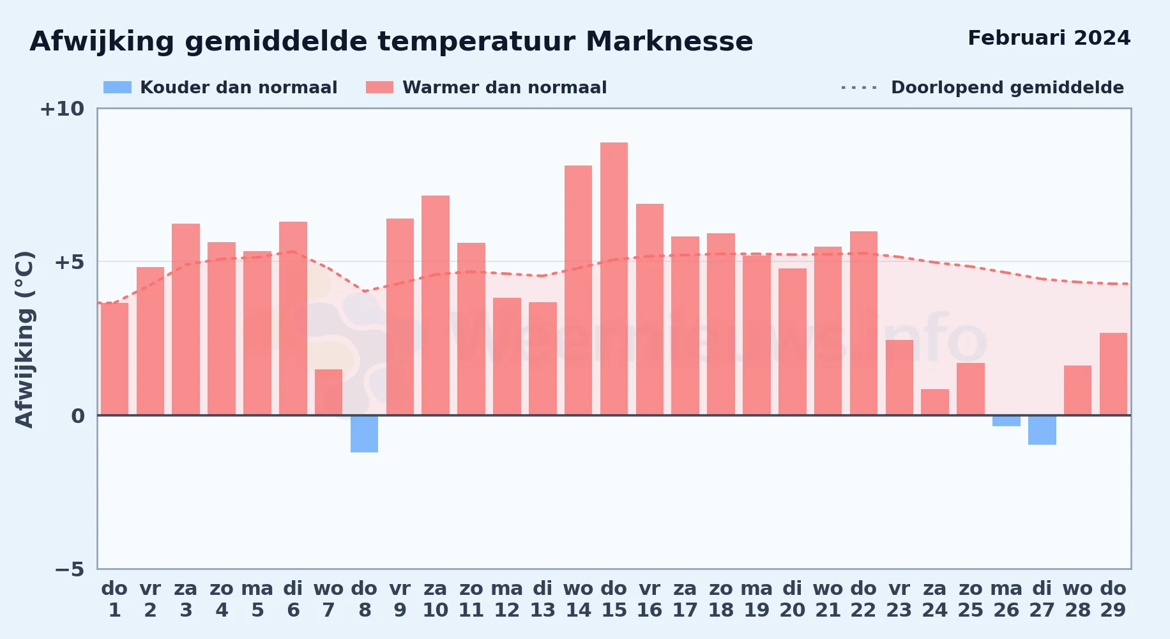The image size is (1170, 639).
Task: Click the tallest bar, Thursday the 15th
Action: [x=614, y=279]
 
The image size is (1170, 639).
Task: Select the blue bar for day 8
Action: [x=364, y=434]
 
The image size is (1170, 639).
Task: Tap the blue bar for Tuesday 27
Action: [x=1042, y=430]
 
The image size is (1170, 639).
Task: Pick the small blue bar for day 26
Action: [x=1006, y=420]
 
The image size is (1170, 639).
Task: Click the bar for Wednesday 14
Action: [x=578, y=290]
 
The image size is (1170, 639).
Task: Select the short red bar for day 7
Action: [x=328, y=392]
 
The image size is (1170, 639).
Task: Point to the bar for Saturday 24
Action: [x=934, y=402]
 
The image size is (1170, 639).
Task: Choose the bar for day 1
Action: [x=114, y=359]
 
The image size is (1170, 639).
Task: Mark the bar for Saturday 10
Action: [x=436, y=305]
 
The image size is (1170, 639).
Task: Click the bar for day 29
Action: [x=1113, y=374]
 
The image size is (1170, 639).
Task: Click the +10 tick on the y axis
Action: [x=62, y=109]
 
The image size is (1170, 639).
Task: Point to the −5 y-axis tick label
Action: [x=69, y=569]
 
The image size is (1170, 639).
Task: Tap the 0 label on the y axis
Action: [x=78, y=416]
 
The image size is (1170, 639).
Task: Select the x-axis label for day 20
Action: [x=792, y=599]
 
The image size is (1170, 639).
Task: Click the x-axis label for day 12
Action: [x=506, y=599]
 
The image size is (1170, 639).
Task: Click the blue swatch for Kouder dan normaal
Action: [x=118, y=88]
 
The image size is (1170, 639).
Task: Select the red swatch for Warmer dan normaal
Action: [x=379, y=88]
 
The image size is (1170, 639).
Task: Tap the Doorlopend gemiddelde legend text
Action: [x=1007, y=88]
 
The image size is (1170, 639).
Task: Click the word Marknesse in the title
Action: [x=669, y=42]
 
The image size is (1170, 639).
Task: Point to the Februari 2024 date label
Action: [x=1049, y=38]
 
